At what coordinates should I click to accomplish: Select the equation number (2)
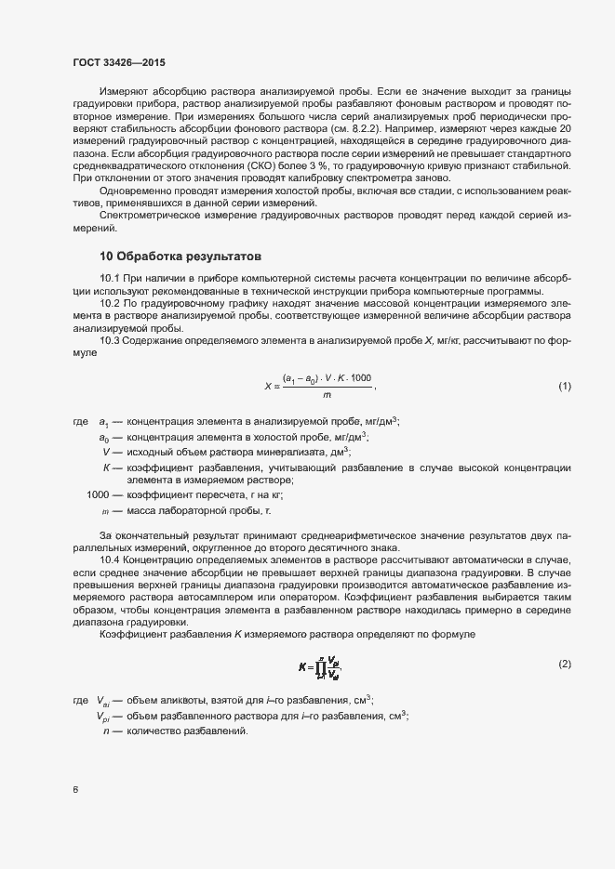[564, 664]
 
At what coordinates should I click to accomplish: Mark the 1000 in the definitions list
[98, 494]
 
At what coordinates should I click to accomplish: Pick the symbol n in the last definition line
[106, 731]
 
